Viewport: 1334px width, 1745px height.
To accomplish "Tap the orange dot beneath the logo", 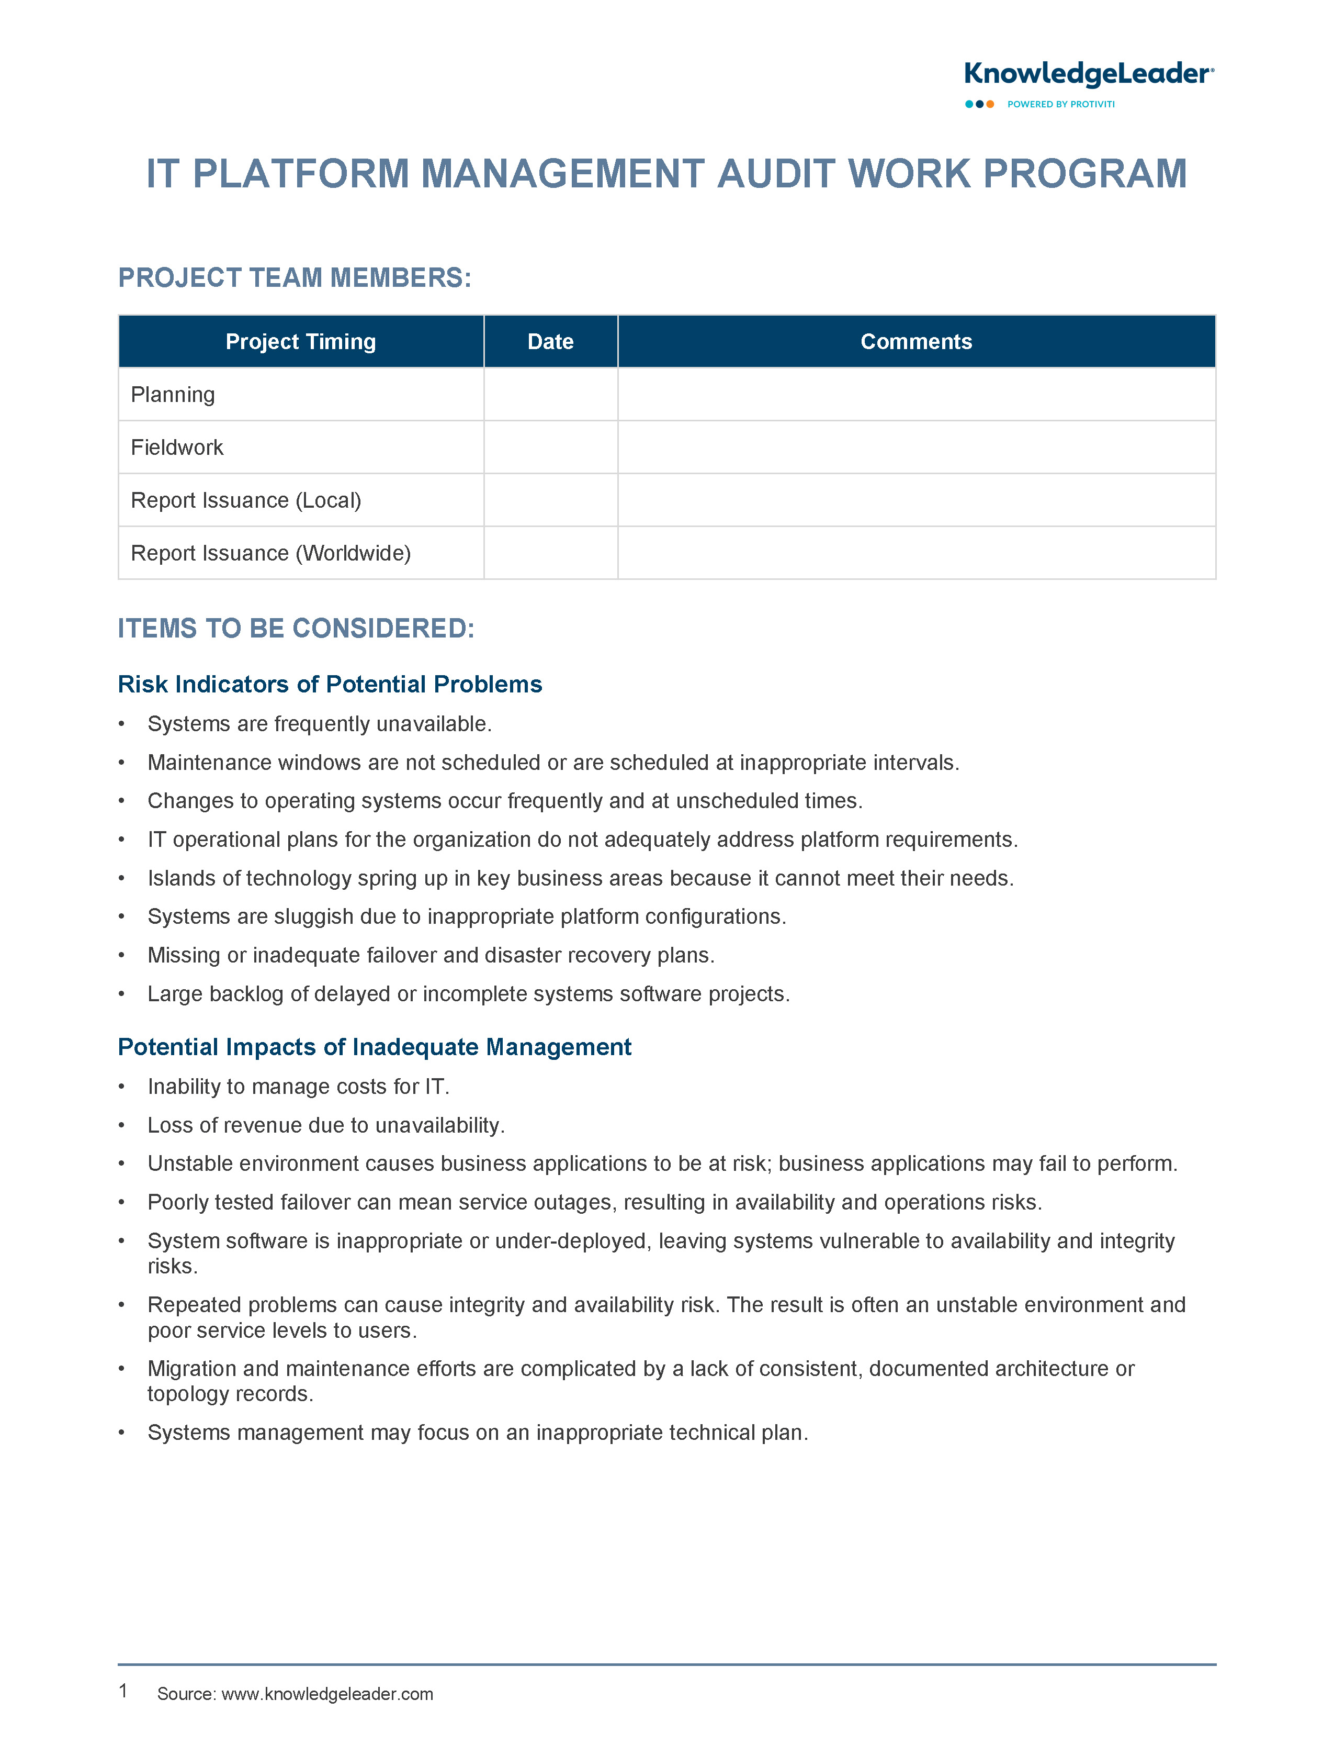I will (990, 104).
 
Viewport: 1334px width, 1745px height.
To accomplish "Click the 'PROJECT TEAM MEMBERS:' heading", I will (295, 278).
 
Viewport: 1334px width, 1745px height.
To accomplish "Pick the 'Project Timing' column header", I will (300, 342).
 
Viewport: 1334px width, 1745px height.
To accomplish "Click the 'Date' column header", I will (550, 342).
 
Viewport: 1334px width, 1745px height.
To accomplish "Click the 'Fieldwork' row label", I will (177, 447).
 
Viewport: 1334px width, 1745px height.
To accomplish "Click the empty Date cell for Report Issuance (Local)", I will (550, 500).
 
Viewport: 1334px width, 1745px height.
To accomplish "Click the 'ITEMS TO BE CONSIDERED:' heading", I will (296, 628).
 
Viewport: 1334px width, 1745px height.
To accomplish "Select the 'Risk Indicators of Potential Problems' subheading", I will (330, 684).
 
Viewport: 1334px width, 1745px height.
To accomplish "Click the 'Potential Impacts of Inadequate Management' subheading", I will (374, 1047).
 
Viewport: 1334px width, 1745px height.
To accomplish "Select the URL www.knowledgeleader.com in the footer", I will (327, 1693).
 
